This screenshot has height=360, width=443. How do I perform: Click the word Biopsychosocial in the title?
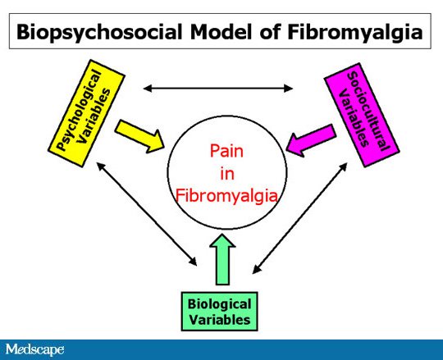pos(99,33)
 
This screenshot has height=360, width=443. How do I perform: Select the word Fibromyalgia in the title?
pos(355,33)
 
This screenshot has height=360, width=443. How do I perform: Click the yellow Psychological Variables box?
pos(86,113)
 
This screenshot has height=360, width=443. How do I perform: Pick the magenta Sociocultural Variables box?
pos(362,115)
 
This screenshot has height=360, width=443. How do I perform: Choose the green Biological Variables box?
pos(220,312)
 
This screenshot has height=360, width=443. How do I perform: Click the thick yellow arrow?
pos(139,136)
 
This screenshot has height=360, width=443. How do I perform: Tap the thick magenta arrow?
pos(311,140)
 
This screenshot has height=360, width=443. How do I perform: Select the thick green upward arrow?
pos(222,259)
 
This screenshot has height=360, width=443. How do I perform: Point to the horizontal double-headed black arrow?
pos(218,89)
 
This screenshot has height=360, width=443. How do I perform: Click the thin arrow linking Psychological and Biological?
pos(147,214)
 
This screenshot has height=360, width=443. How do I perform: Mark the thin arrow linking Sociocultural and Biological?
pos(299,218)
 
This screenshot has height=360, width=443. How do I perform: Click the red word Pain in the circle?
pos(226,151)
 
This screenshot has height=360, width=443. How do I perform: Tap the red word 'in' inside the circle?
pos(227,173)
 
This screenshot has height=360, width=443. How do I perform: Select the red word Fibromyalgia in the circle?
pos(226,195)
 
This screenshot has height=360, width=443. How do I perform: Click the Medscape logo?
pos(34,350)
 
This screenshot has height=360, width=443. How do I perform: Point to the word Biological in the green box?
pos(220,304)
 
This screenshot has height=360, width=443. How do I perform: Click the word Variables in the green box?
pos(220,320)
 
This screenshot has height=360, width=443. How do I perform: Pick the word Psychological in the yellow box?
pos(79,109)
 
